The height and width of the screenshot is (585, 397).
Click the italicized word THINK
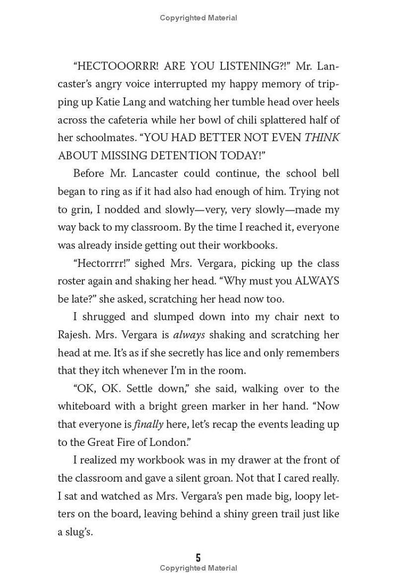click(322, 138)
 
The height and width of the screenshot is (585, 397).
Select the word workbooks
click(250, 245)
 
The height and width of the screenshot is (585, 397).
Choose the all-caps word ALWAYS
click(317, 281)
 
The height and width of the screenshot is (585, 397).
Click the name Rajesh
click(74, 334)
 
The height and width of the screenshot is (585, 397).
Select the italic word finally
click(148, 424)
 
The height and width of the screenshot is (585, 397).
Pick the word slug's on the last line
click(79, 531)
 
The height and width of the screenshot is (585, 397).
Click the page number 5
click(198, 557)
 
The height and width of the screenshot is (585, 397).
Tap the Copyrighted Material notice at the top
click(198, 18)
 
